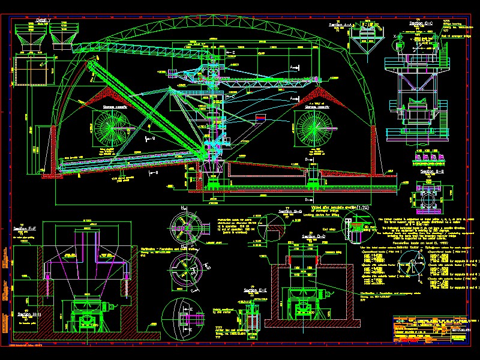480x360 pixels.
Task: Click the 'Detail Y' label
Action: (43, 20)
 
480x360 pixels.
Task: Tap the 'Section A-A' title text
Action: (341, 25)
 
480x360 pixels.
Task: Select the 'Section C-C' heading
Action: (422, 23)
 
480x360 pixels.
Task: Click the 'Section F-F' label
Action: (25, 229)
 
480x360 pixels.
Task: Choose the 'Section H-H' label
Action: (29, 314)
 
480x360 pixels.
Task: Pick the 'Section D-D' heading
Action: (314, 236)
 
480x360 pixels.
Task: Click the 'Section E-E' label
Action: (255, 291)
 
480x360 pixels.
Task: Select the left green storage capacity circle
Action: (110, 128)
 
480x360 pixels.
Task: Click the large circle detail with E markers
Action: (181, 319)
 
